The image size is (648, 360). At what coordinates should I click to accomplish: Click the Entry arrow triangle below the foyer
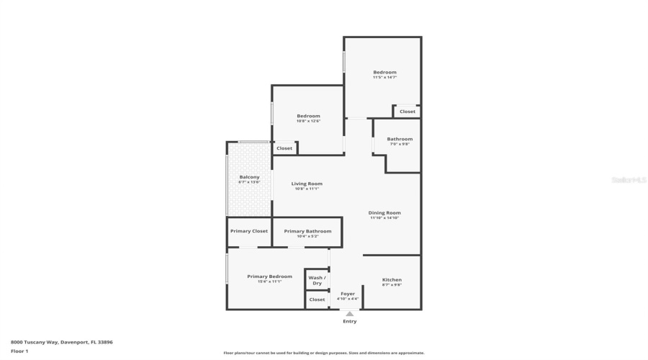point(349,314)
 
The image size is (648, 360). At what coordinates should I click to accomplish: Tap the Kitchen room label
point(392,279)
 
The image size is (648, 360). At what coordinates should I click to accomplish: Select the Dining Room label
point(384,212)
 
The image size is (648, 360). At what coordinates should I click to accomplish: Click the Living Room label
point(307,184)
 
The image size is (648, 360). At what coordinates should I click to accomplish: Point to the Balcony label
point(249,177)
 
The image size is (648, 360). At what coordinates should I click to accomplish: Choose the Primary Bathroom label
point(307,231)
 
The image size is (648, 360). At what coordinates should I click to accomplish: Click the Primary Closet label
point(249,231)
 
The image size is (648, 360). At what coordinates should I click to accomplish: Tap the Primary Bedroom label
point(269,276)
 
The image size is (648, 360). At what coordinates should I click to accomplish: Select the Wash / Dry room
point(317,280)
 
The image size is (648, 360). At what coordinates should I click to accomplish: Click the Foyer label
point(348,294)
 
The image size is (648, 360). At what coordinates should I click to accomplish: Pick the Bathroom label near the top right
point(400,139)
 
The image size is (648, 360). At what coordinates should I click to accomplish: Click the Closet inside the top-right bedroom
point(408,112)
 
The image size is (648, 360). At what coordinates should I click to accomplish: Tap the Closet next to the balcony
point(284,148)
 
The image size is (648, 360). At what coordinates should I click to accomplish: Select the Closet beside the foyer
point(317,300)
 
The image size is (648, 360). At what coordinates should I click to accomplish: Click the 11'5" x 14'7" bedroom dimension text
point(384,78)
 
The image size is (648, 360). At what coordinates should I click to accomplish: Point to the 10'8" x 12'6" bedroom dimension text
point(308,121)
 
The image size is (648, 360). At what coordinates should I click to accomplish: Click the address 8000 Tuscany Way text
point(61,342)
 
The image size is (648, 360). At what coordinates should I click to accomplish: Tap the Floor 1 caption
point(19,351)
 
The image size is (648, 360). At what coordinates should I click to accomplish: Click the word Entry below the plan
point(349,321)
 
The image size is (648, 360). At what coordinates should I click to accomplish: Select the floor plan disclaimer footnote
point(324,353)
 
